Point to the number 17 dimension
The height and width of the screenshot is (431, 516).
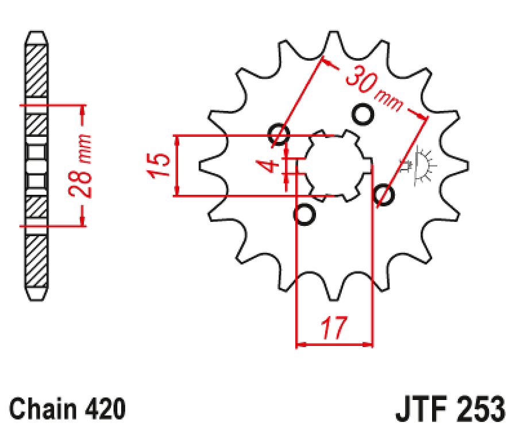click(334, 329)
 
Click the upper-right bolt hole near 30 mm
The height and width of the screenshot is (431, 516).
click(363, 114)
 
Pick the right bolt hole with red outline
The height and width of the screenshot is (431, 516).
click(384, 195)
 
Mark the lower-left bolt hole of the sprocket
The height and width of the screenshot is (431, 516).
click(304, 215)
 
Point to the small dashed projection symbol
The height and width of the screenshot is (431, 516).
click(422, 167)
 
